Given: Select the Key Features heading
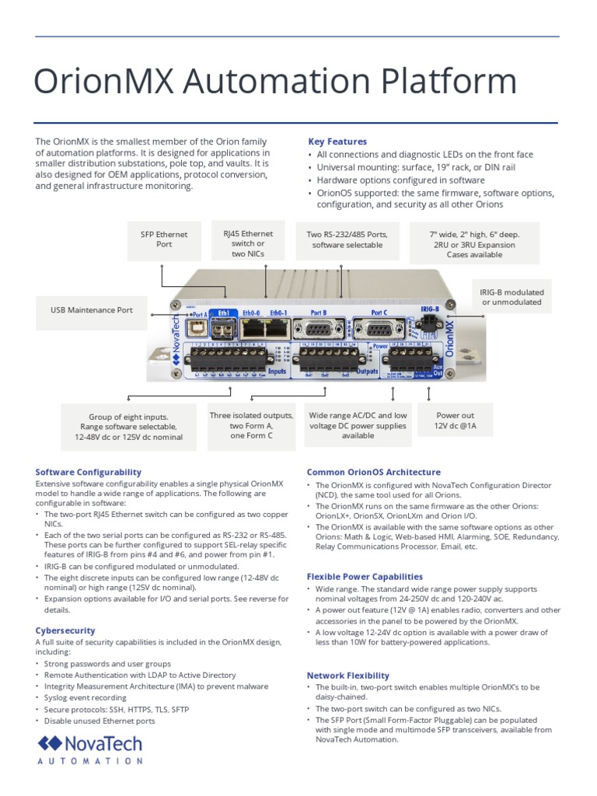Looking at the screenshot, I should [337, 141].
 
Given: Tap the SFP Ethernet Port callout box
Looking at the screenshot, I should [164, 239].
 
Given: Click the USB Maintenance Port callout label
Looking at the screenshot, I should [92, 310].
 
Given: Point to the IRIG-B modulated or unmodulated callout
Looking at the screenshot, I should [511, 297].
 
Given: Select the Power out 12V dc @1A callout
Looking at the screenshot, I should [455, 421].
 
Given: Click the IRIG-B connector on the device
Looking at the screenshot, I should [430, 326].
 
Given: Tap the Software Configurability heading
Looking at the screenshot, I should [89, 472].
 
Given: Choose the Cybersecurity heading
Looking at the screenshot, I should [65, 630].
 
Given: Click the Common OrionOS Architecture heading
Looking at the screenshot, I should [373, 472].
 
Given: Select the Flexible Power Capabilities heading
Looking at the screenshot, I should [365, 577].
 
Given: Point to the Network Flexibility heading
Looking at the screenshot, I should [348, 676].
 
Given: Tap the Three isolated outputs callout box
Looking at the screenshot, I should [251, 426].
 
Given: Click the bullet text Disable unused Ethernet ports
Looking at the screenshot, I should [99, 721].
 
